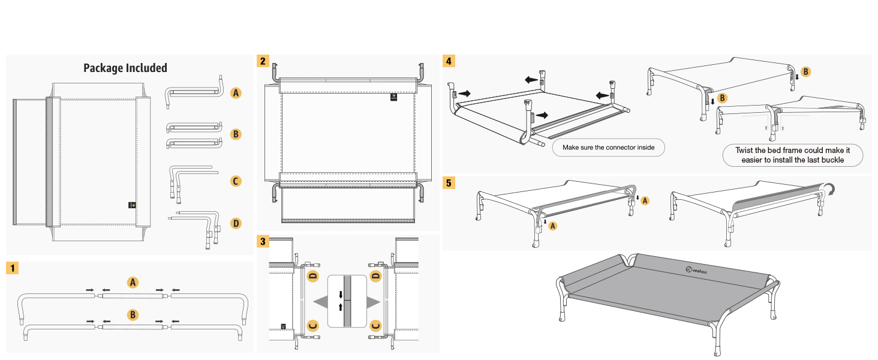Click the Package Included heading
click(125, 68)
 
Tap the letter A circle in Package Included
click(236, 93)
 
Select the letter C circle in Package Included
click(236, 181)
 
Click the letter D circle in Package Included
click(236, 223)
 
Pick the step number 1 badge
click(13, 268)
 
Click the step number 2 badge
click(263, 61)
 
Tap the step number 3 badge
click(263, 241)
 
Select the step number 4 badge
click(449, 61)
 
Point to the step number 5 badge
click(449, 183)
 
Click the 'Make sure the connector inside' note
click(608, 147)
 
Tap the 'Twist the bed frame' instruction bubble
click(792, 155)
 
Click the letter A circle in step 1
click(133, 282)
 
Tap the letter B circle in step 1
click(133, 314)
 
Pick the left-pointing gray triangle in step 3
click(318, 301)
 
